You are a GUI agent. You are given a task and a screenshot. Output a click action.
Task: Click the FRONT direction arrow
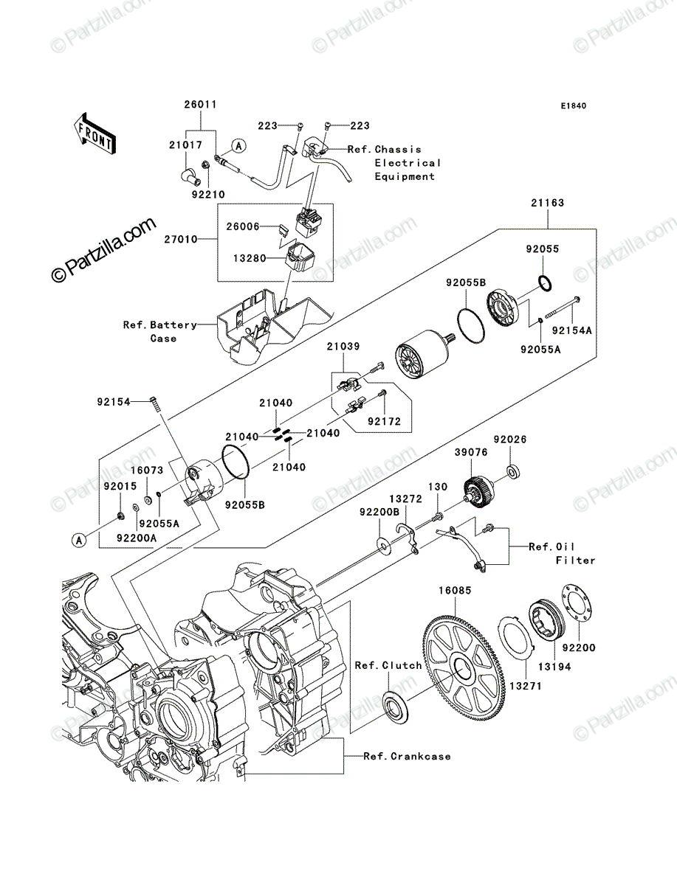(94, 133)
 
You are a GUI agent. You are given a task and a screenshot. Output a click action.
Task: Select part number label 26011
(201, 105)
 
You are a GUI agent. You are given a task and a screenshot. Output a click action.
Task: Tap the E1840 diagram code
(574, 106)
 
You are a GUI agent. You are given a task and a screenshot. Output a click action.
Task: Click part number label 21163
(547, 202)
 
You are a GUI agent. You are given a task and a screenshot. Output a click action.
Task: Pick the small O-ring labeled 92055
(545, 282)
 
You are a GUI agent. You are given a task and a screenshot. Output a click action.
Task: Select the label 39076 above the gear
(471, 452)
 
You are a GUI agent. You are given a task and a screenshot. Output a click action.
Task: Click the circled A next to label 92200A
(79, 541)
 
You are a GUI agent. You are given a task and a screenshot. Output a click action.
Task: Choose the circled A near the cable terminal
(239, 146)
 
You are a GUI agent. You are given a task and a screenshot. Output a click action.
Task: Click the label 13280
(250, 258)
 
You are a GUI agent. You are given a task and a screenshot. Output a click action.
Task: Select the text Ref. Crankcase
(407, 757)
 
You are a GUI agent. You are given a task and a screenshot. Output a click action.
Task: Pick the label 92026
(510, 439)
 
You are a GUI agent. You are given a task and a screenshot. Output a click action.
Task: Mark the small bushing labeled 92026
(513, 471)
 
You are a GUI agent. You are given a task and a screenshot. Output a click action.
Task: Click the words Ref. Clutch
(388, 665)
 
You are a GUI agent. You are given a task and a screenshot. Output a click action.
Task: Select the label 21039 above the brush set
(343, 346)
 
